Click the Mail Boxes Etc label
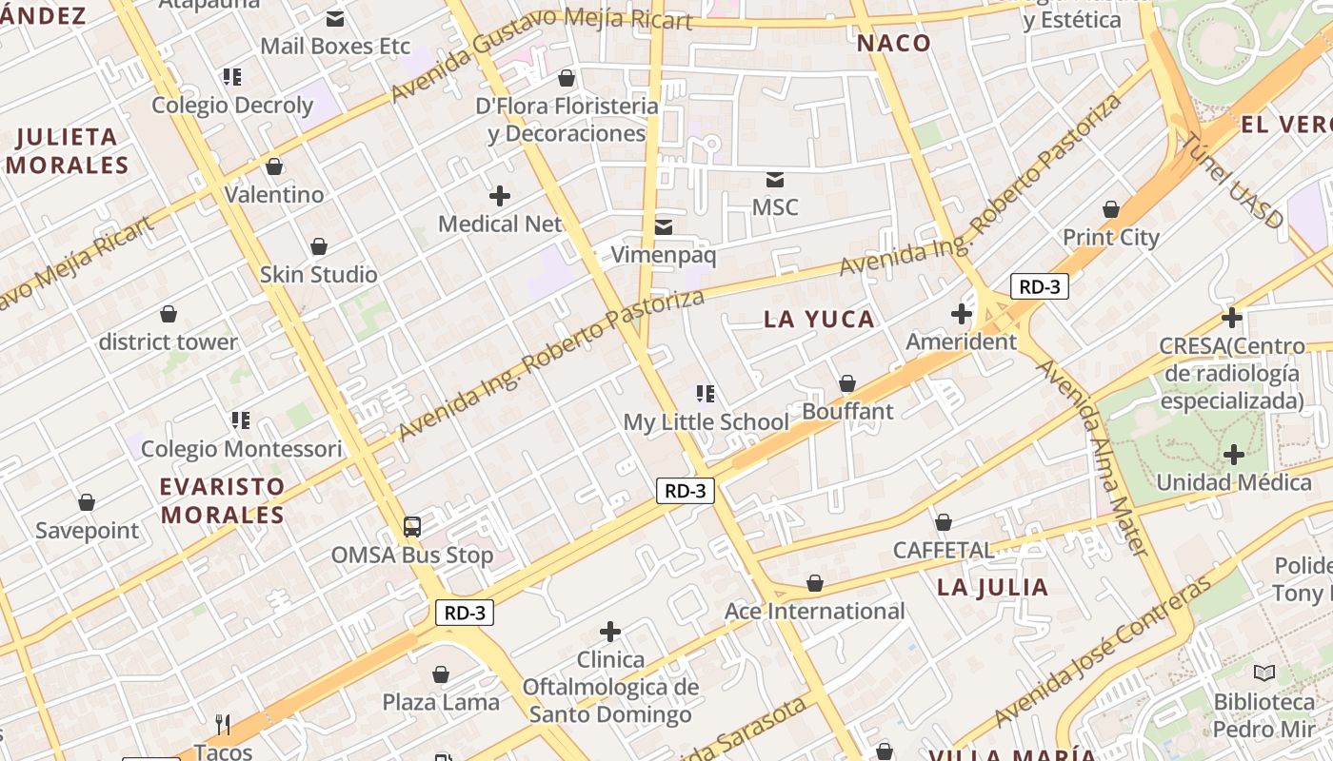tap(334, 46)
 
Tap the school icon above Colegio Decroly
tap(232, 76)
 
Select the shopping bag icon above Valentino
tap(274, 166)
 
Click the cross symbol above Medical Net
tap(500, 196)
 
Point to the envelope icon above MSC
tap(775, 179)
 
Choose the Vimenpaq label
tap(663, 255)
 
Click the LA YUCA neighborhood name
tap(819, 319)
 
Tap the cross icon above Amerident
tap(962, 313)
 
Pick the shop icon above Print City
tap(1110, 209)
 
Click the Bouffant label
tap(847, 411)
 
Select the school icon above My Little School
tap(706, 393)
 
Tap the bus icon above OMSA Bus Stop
tap(412, 526)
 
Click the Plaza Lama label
tap(441, 702)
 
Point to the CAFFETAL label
tap(943, 550)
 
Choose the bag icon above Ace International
tap(815, 583)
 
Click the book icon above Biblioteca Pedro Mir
tap(1263, 673)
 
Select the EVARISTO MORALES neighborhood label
tap(222, 500)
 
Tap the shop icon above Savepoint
tap(87, 502)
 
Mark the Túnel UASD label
tap(1233, 181)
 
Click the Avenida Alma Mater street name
tap(1095, 457)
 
